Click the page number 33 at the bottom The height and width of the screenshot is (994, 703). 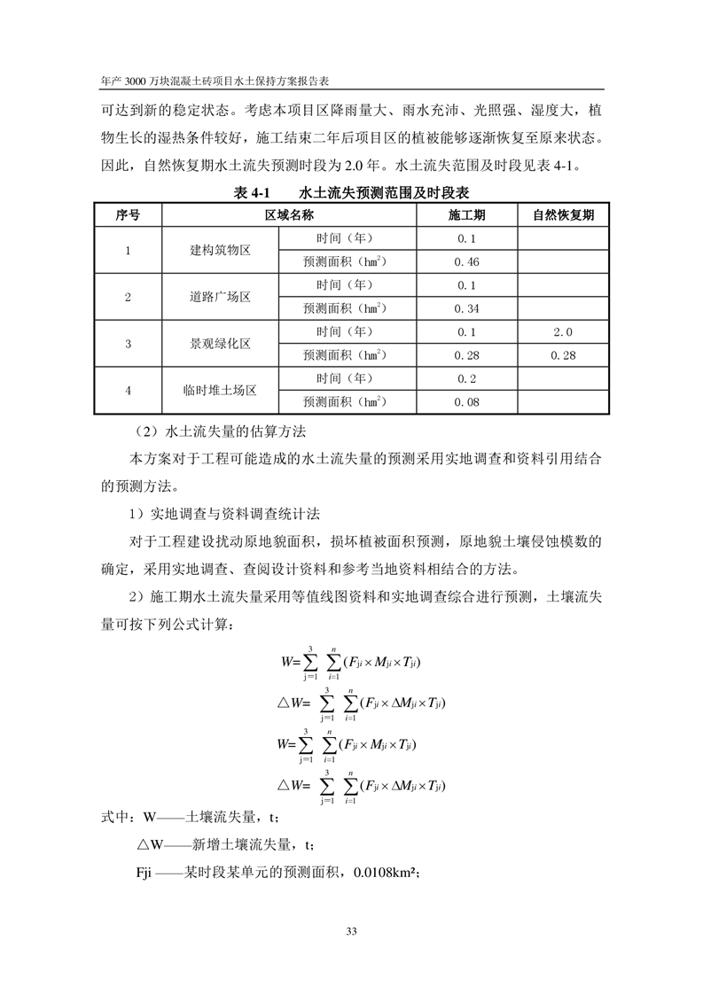pos(351,930)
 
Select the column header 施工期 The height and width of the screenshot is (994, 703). pos(467,215)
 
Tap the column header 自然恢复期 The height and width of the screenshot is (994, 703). pos(563,215)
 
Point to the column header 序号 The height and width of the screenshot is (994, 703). pos(128,215)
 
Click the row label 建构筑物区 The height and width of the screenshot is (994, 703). pos(221,250)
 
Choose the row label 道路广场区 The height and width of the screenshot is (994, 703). pos(221,297)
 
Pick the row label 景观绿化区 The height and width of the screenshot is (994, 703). pos(221,344)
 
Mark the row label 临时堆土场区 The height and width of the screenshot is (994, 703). pos(221,391)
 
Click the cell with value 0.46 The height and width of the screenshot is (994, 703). pos(466,262)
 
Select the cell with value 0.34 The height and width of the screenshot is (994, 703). pos(466,309)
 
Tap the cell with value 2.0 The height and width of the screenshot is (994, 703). pos(563,332)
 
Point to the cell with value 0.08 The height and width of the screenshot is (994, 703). pos(466,402)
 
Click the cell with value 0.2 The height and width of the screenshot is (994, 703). pos(466,379)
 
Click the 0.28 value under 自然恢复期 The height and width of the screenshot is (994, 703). pos(563,355)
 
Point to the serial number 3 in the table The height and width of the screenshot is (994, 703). pos(128,344)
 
